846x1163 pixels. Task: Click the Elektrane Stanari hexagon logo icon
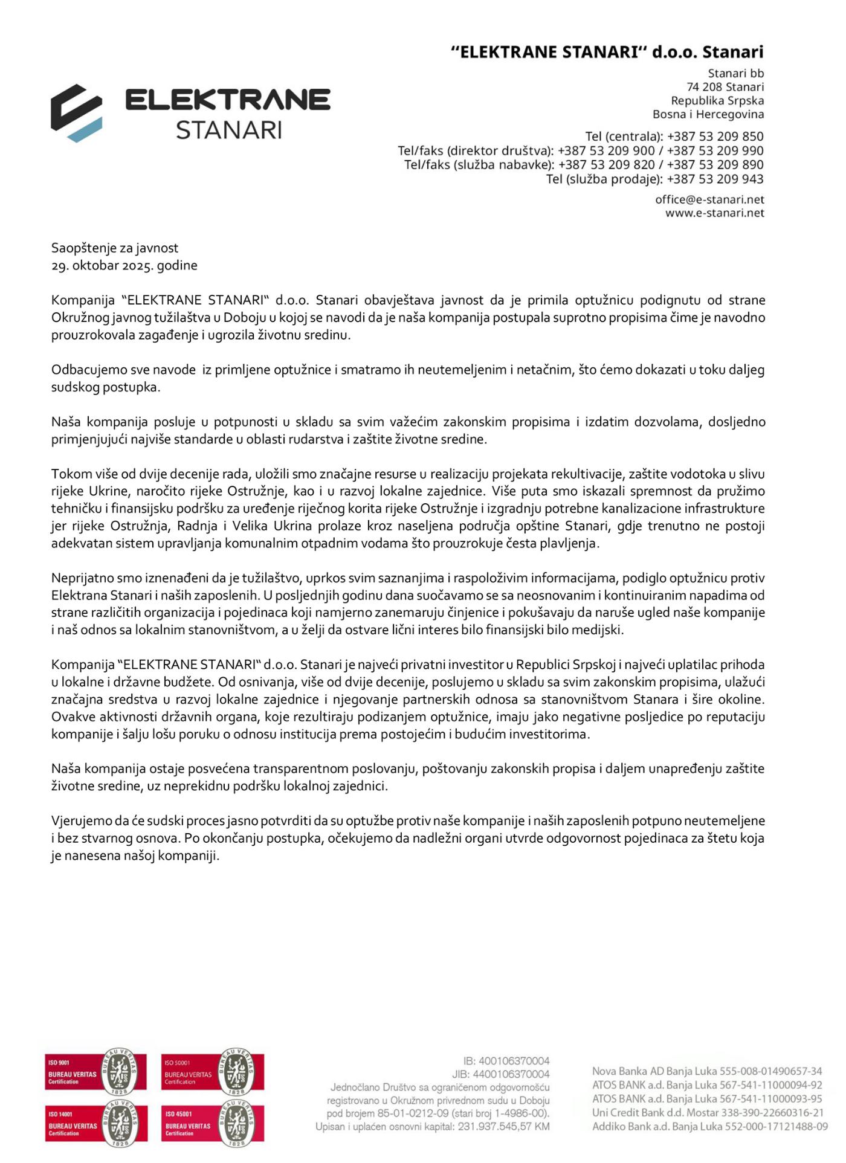(76, 113)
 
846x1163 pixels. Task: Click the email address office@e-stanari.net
(709, 199)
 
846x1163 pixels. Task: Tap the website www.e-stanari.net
(714, 213)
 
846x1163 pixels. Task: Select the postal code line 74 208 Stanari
(725, 87)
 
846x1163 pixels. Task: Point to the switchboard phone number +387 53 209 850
(715, 137)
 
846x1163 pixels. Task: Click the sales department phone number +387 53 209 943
(715, 179)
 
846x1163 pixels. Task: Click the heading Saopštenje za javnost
(115, 248)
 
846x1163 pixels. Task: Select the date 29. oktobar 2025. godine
(124, 265)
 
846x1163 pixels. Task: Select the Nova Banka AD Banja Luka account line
(707, 1071)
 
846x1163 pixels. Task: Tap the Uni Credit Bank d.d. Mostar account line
(707, 1113)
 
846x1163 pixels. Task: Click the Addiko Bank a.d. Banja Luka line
(709, 1127)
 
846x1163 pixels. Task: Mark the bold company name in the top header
(607, 52)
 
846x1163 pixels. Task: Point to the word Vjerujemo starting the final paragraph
(82, 821)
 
